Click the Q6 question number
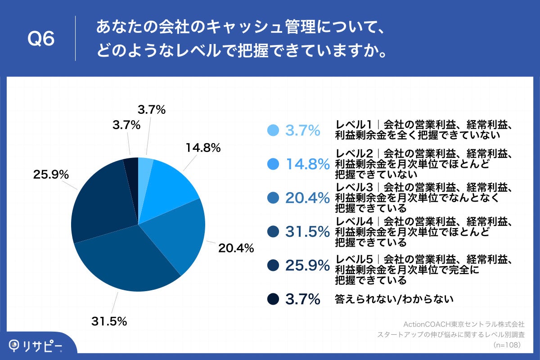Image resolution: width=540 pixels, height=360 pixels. click(41, 39)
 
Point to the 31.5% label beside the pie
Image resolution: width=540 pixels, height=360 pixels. click(109, 321)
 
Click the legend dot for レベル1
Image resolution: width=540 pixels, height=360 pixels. click(273, 130)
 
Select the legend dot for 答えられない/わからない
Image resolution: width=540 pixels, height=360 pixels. click(273, 299)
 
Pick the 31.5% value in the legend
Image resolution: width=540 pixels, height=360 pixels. click(307, 232)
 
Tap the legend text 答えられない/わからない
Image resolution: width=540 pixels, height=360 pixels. click(394, 299)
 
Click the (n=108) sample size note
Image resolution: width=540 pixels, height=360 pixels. click(507, 345)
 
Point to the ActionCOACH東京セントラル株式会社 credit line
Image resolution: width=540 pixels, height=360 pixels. click(463, 324)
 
